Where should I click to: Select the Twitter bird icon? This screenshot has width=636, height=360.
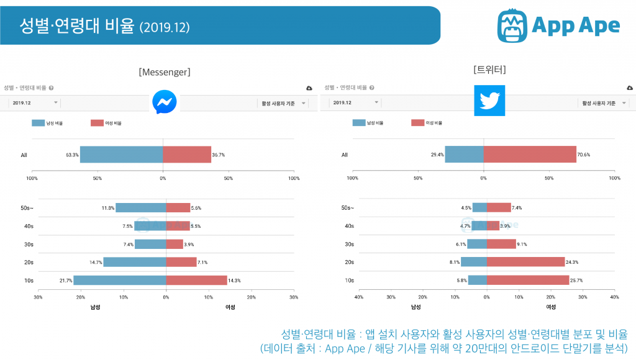click(x=489, y=101)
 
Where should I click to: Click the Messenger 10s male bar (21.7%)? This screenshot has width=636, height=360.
click(x=119, y=281)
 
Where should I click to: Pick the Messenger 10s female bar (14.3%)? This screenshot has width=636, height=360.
click(x=196, y=281)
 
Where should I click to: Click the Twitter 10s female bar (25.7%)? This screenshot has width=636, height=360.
click(x=527, y=281)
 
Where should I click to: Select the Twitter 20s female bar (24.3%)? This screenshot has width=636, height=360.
click(x=525, y=262)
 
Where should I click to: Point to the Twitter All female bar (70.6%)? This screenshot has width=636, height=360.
click(x=530, y=154)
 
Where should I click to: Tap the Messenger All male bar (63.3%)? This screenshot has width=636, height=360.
click(x=121, y=155)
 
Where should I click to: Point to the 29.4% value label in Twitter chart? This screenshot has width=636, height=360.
click(x=437, y=155)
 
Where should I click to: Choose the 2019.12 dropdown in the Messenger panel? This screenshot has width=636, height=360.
click(x=35, y=103)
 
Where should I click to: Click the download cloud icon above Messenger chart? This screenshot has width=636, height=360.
click(x=309, y=89)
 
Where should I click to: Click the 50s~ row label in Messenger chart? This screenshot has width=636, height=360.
click(x=27, y=208)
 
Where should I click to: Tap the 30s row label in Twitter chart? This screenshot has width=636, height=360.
click(x=349, y=244)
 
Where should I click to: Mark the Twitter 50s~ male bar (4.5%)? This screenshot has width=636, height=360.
click(x=479, y=208)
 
